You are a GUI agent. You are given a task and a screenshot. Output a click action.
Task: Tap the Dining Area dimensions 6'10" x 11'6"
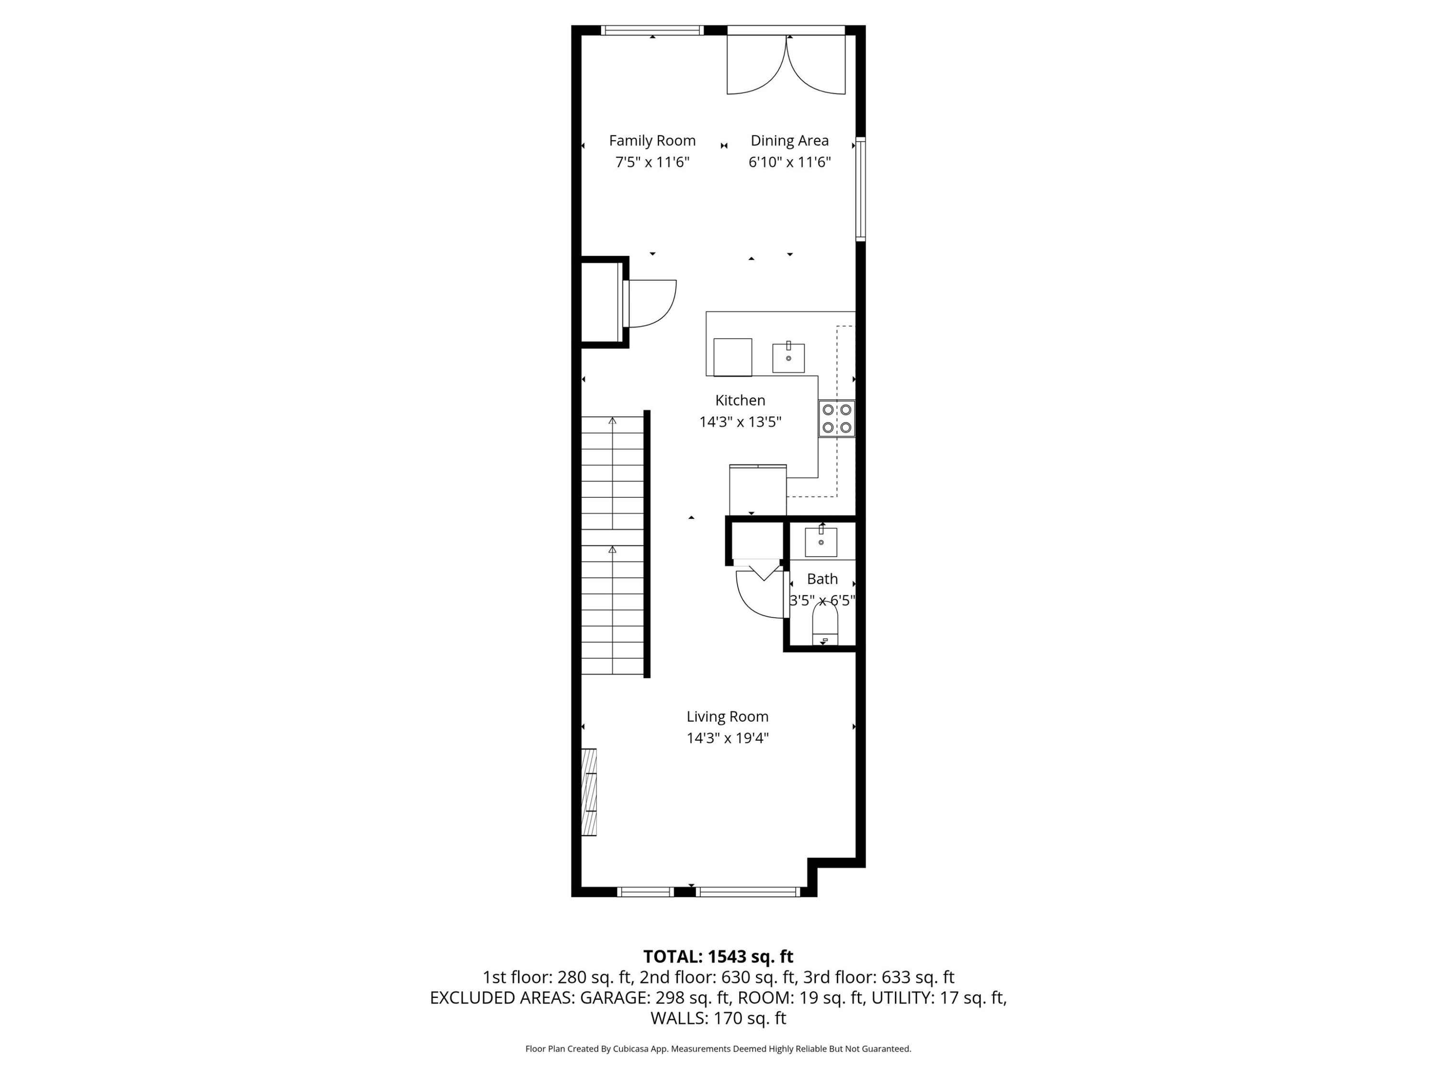point(789,162)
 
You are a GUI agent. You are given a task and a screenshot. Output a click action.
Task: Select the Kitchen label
point(740,400)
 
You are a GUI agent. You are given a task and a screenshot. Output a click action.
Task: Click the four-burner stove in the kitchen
point(837,418)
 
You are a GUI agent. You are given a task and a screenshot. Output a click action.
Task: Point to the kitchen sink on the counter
point(788,357)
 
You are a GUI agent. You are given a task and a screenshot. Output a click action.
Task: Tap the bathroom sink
point(821,542)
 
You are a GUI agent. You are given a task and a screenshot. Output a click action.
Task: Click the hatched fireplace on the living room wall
point(589,792)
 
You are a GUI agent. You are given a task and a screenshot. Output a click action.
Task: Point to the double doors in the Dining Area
point(786,65)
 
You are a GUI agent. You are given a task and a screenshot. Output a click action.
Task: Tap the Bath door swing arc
point(759,595)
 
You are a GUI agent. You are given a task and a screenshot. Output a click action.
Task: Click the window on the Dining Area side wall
point(860,188)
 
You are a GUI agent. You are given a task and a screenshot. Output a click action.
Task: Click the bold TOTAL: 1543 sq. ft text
point(718,956)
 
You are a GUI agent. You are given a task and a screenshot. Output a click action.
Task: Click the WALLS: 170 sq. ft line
point(718,1018)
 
